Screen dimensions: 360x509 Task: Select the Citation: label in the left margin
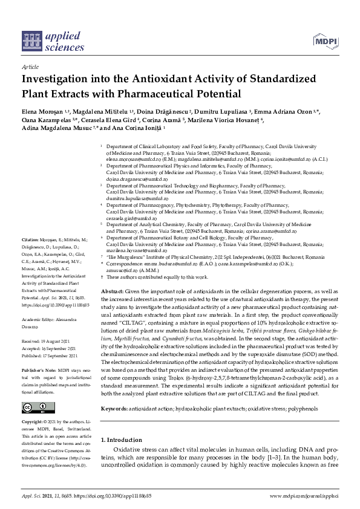31,257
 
